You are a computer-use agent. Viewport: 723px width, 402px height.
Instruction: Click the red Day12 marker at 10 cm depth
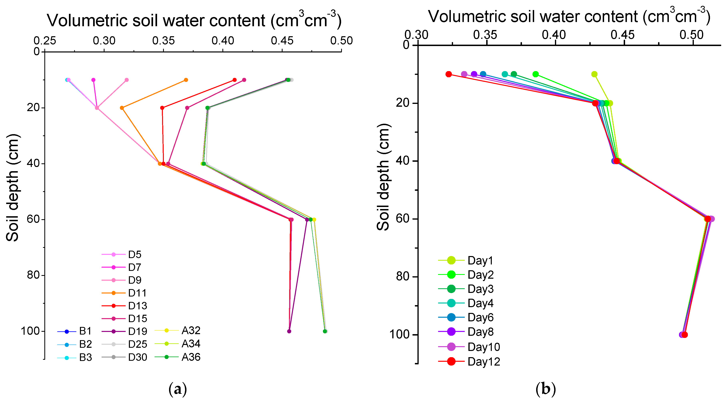[448, 74]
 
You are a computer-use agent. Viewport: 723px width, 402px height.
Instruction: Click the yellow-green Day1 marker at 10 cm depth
[594, 74]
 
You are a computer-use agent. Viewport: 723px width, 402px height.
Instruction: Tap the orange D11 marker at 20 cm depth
[122, 108]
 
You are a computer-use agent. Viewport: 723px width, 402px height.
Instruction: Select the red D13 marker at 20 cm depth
[162, 108]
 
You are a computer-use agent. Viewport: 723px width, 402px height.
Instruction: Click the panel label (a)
[178, 389]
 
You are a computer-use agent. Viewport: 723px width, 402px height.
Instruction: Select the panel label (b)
[545, 389]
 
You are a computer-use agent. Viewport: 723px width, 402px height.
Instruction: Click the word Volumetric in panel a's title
[87, 21]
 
